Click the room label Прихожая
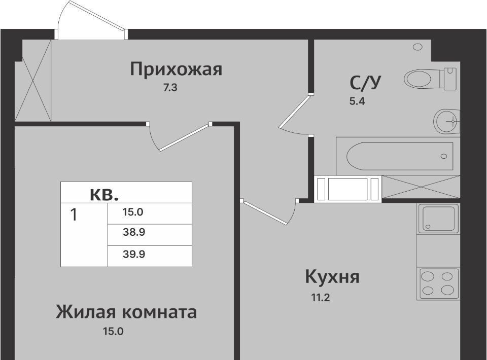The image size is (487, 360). pos(176,69)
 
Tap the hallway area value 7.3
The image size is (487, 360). pos(170,88)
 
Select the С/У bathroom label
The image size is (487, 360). pos(365,83)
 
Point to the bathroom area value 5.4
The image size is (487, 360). pos(357,101)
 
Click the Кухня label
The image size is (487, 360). pos(332,276)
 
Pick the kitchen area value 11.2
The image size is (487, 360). pos(321,298)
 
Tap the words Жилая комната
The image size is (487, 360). pos(126,312)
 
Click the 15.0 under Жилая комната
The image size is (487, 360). pos(113,332)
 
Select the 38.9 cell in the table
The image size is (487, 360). pos(134,232)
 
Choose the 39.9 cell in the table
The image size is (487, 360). pos(134,255)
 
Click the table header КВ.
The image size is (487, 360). pos(105,195)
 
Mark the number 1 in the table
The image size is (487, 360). pos(74,215)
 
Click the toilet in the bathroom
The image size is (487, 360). pos(431,79)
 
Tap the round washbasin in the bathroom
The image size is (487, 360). pos(446,121)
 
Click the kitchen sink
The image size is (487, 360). pos(438,218)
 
